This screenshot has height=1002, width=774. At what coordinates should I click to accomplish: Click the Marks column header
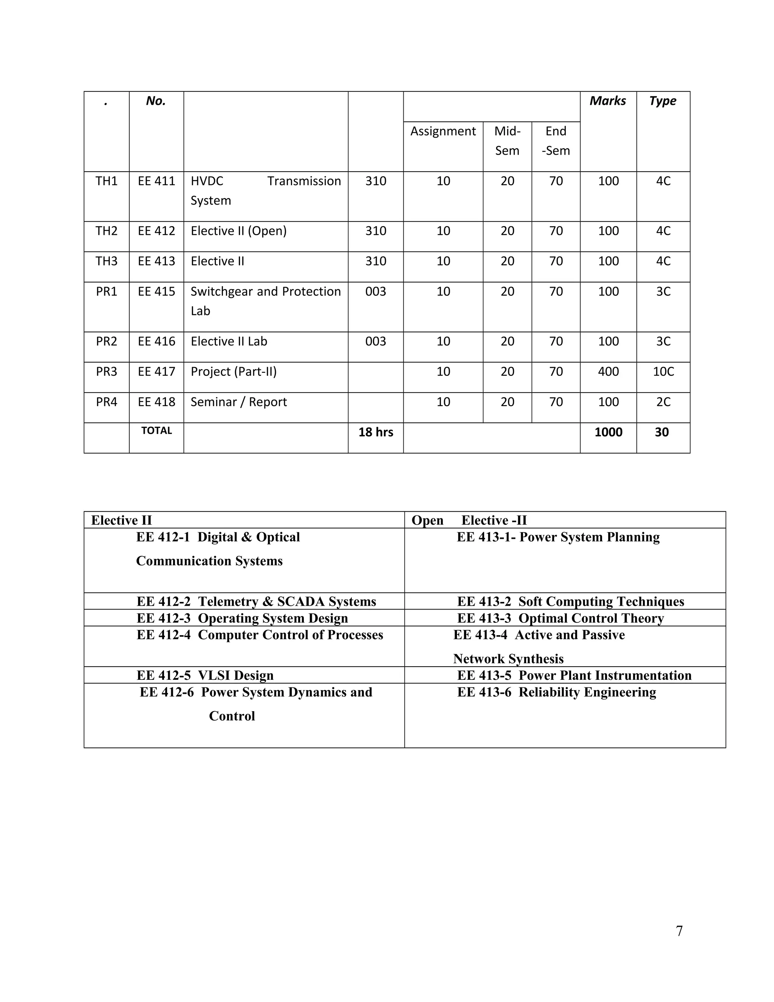tap(608, 101)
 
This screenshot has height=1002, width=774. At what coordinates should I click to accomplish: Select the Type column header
tap(663, 101)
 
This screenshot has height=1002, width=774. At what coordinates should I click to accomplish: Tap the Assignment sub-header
tap(443, 131)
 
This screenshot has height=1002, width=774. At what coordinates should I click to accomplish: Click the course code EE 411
tap(156, 181)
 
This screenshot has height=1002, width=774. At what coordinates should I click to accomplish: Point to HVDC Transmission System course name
tap(265, 191)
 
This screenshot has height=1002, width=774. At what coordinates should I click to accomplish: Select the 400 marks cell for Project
tap(608, 372)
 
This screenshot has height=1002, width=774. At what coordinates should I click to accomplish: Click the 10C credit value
tap(663, 372)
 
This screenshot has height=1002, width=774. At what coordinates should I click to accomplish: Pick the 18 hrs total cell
tap(376, 432)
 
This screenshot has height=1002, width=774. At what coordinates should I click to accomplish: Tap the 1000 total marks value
tap(608, 432)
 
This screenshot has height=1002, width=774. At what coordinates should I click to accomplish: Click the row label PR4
tap(106, 402)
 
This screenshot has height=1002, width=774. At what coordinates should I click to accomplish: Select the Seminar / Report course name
tap(238, 402)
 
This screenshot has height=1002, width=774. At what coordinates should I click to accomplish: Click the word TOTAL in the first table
tap(156, 431)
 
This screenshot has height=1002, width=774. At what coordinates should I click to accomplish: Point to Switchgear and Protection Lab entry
tap(265, 301)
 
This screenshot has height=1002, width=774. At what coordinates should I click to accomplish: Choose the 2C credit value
tap(663, 402)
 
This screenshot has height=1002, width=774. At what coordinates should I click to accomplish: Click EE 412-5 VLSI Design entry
tap(205, 675)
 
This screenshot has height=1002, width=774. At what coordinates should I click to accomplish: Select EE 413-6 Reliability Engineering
tap(556, 692)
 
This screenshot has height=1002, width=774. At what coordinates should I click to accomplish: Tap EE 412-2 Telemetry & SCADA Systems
tap(256, 602)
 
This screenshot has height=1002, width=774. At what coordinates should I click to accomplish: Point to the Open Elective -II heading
tap(469, 520)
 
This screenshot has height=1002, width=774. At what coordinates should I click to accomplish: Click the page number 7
tap(679, 931)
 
